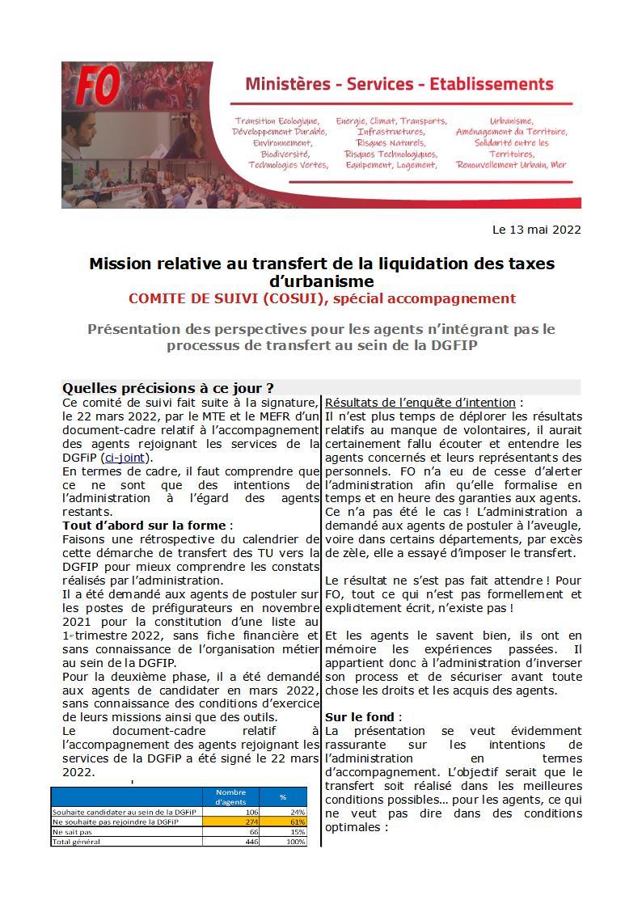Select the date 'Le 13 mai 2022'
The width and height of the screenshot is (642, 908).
[x=536, y=230]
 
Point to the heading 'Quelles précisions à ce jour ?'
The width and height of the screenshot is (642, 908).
[x=168, y=388]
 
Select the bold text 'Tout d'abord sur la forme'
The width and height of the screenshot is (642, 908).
[x=145, y=526]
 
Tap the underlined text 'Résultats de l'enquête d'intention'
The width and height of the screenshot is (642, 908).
[x=420, y=403]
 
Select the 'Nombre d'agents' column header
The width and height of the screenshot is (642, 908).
[x=230, y=796]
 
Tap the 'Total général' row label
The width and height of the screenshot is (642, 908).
[x=77, y=842]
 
